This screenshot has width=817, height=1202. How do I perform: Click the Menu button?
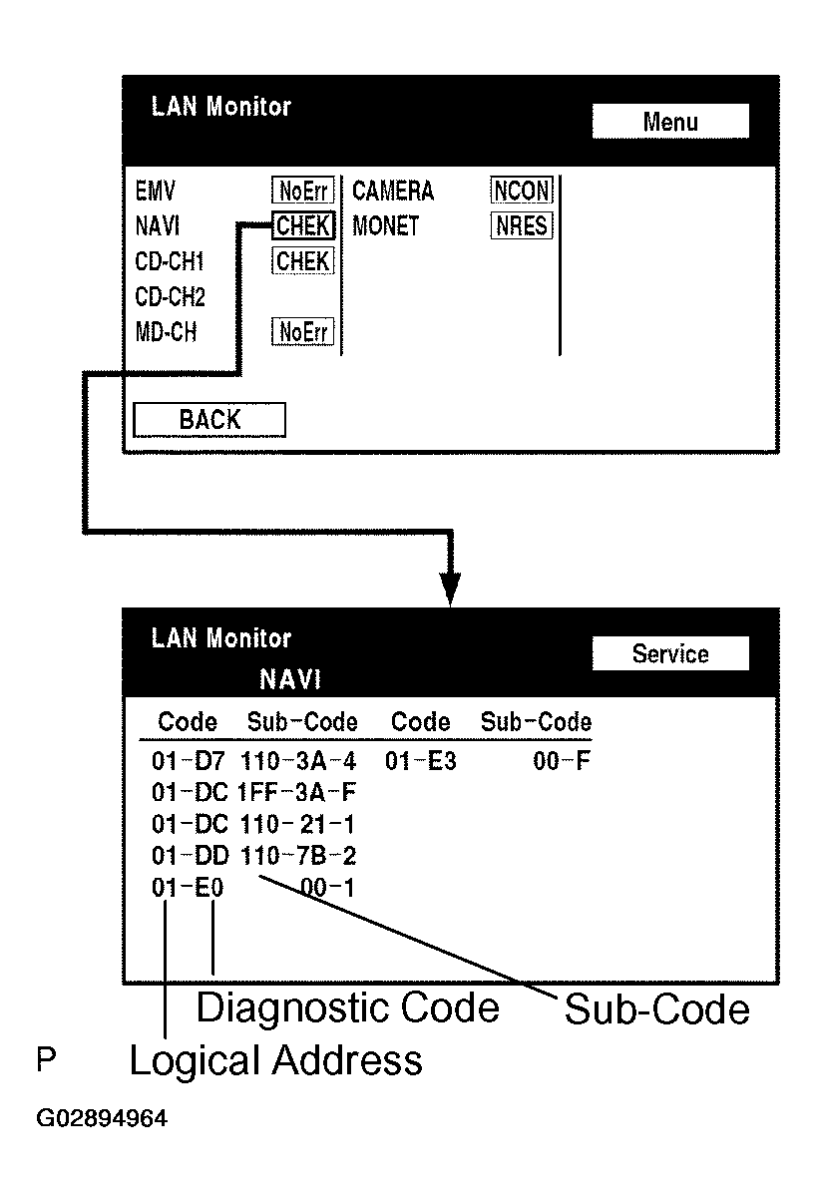669,122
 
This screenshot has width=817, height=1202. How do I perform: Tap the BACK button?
209,420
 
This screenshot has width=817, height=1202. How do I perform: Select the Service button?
669,654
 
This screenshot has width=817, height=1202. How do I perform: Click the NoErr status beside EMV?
303,191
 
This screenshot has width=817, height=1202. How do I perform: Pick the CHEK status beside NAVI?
303,226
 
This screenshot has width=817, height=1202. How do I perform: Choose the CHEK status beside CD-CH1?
303,261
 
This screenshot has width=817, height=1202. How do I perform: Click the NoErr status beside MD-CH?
303,332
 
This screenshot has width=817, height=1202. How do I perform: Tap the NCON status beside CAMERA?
521,191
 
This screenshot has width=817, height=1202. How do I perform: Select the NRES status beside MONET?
521,226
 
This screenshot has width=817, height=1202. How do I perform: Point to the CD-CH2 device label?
166,297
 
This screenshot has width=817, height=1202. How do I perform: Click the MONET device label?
386,226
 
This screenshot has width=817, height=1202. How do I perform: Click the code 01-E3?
421,763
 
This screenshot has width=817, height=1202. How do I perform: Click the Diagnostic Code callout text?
347,1008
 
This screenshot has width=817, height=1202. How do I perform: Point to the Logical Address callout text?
275,1060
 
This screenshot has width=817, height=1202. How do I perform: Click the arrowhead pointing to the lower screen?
451,589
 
